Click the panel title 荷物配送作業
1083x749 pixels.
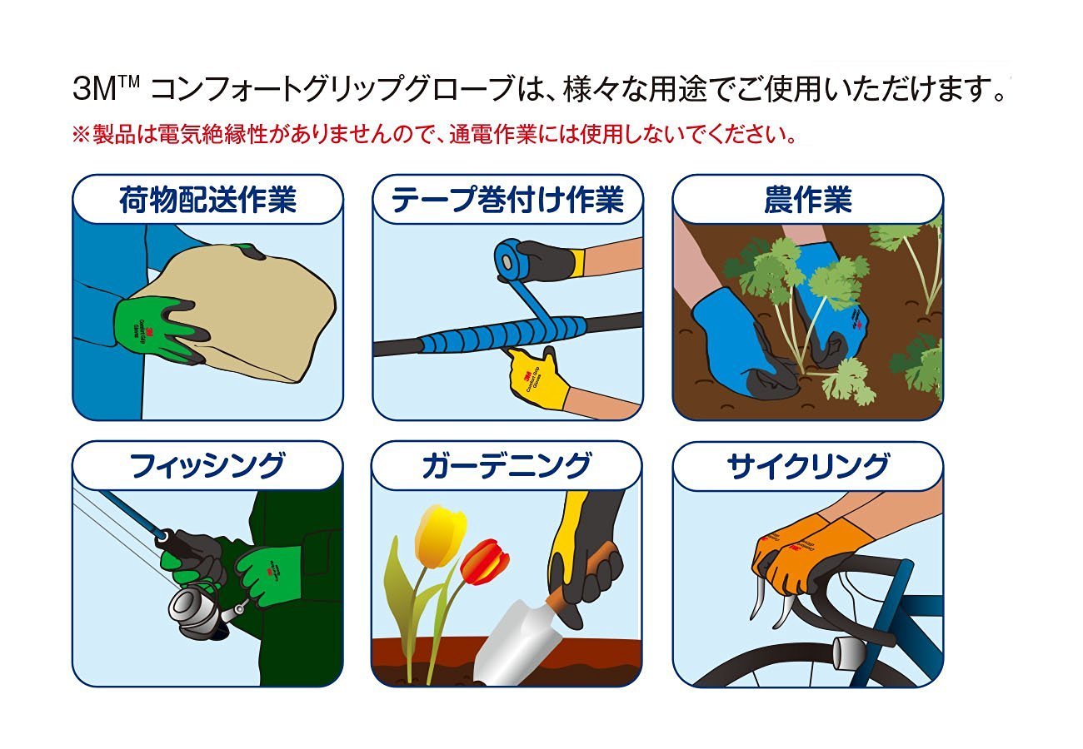pos(207,201)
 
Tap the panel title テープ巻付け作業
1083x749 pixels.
pos(507,201)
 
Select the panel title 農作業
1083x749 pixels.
pos(807,201)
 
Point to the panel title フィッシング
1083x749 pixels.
pos(207,466)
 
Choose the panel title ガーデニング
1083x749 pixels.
pos(507,466)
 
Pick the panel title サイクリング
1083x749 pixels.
pos(807,466)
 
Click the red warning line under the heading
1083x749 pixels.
pos(438,134)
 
